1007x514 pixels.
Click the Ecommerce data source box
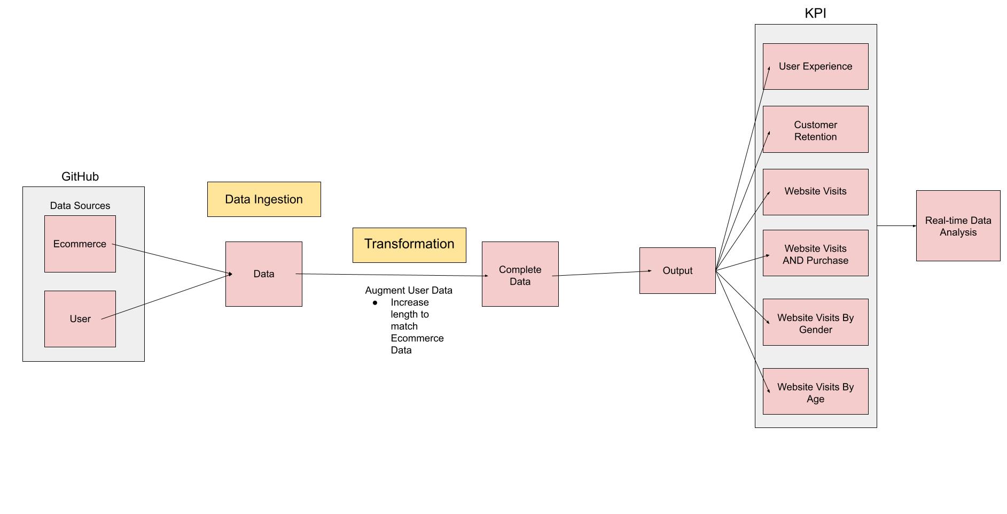click(80, 244)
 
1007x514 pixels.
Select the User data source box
click(80, 319)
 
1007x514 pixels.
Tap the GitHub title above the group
click(80, 176)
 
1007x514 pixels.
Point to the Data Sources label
click(80, 206)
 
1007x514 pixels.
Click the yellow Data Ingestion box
click(264, 199)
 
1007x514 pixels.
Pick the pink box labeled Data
click(263, 274)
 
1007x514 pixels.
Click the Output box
click(677, 270)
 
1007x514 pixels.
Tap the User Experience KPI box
click(815, 66)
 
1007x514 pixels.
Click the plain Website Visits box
click(815, 192)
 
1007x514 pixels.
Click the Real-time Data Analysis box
click(958, 226)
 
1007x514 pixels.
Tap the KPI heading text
click(815, 13)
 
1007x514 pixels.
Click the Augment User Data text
click(409, 290)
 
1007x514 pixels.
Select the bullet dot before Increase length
click(375, 303)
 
